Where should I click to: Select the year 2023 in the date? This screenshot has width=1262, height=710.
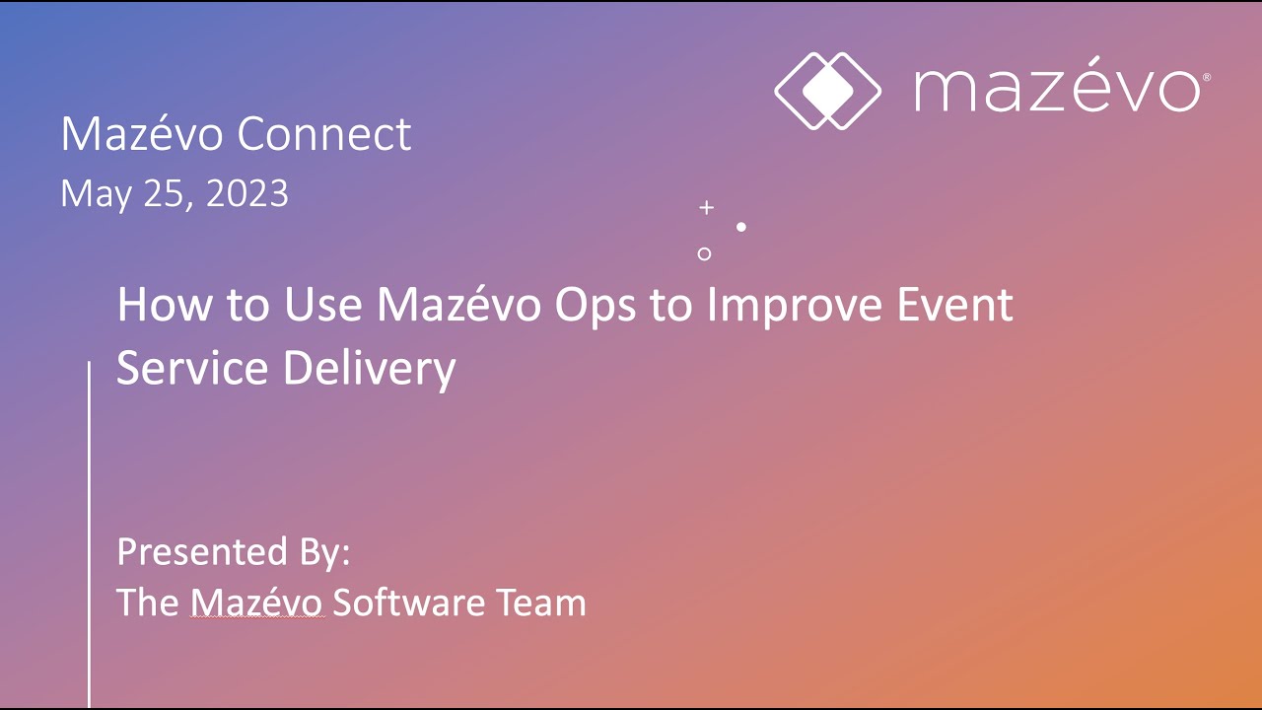point(247,193)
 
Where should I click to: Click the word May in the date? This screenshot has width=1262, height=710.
point(92,194)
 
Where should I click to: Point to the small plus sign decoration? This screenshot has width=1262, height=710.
point(706,207)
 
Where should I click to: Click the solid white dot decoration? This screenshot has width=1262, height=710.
point(741,227)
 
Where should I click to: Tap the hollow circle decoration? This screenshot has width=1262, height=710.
point(704,253)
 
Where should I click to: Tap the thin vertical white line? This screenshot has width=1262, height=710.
point(90,532)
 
